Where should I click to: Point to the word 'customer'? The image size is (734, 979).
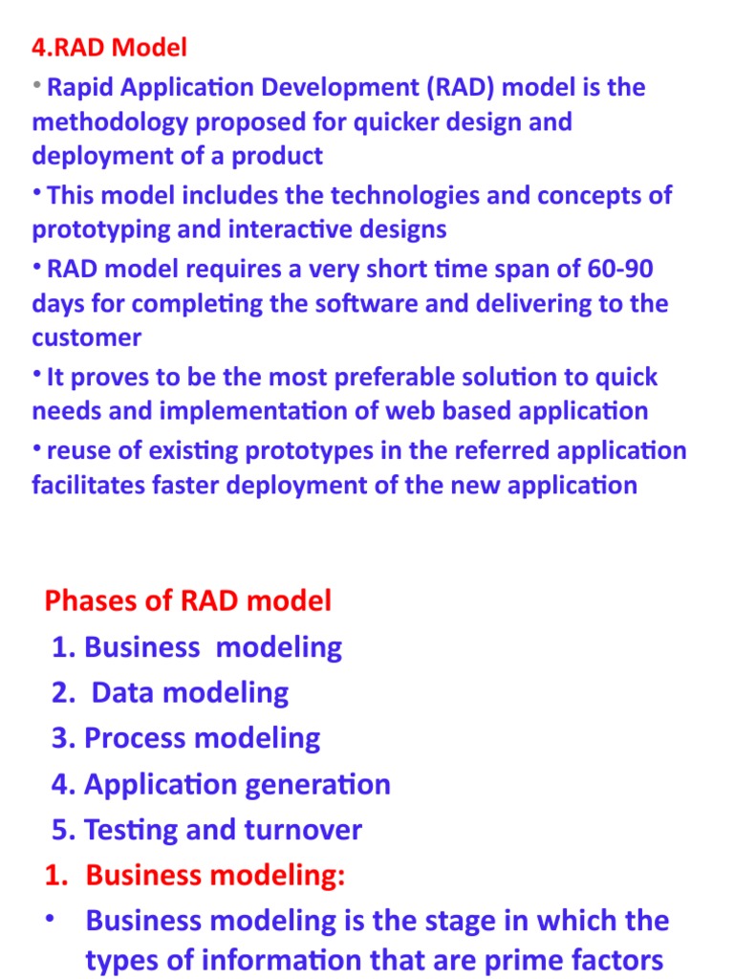(x=86, y=337)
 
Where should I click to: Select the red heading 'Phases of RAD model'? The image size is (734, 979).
(x=188, y=600)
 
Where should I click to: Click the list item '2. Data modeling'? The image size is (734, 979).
(x=170, y=692)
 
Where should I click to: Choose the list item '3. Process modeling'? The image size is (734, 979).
(x=186, y=738)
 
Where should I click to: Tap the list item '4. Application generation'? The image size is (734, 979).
(x=222, y=784)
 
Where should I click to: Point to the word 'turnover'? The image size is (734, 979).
(x=303, y=830)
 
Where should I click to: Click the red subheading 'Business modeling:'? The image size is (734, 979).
(x=215, y=876)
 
